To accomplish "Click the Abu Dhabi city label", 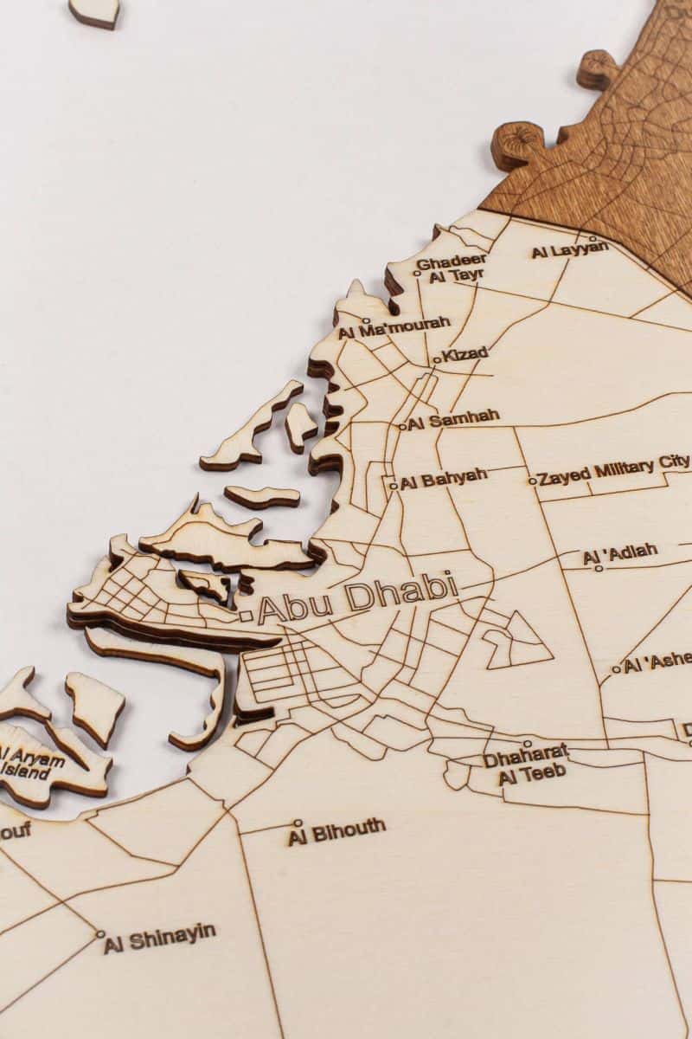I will click(x=357, y=597).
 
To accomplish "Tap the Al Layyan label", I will click(x=569, y=250).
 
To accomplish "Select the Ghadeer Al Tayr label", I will click(x=452, y=268).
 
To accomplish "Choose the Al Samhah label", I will click(x=453, y=419).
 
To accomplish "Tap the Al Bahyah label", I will click(x=444, y=478).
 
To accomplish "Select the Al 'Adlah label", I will click(x=620, y=552).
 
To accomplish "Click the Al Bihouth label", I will click(x=337, y=831).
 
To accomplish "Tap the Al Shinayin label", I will click(x=160, y=938).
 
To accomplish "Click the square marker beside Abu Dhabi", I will click(x=247, y=616).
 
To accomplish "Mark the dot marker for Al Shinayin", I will click(x=100, y=934).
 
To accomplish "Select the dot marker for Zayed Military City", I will click(x=532, y=481).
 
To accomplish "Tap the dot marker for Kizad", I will click(x=437, y=359).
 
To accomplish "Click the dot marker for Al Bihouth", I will click(x=298, y=823).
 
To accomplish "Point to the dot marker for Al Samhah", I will click(x=402, y=426).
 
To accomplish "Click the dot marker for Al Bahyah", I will click(x=393, y=486).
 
